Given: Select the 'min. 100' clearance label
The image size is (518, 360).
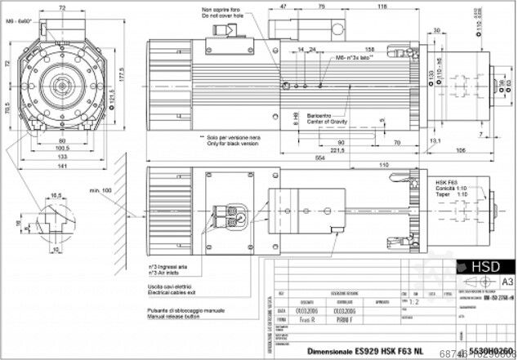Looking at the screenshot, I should point(106,189).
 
